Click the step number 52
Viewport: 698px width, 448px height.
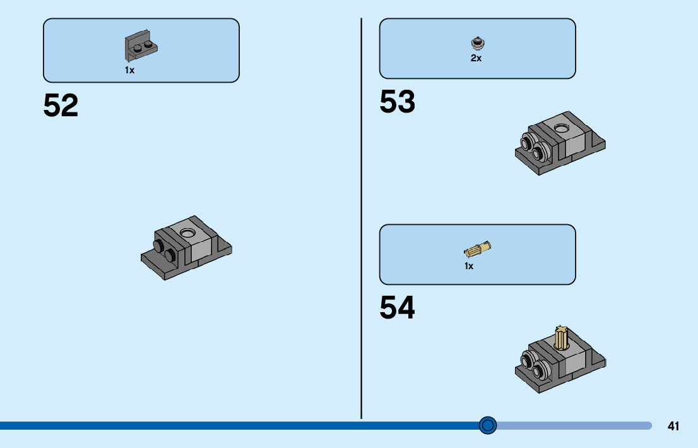coord(61,106)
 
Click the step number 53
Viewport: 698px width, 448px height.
coord(397,102)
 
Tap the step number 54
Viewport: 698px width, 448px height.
coord(397,308)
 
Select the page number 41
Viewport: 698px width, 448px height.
coord(673,426)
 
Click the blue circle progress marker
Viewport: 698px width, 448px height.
coord(487,425)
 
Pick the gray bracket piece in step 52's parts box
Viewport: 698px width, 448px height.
coord(141,47)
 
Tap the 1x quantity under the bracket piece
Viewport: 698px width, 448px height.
coord(129,70)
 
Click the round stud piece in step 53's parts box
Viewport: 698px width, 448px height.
coord(476,43)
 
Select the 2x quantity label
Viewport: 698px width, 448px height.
coord(476,58)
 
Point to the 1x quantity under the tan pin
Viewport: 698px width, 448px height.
coord(469,266)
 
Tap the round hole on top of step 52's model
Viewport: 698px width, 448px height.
coord(187,233)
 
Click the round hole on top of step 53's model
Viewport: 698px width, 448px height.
coord(562,128)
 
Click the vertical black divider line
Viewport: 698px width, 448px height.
coord(361,215)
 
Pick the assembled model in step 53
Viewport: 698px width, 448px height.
coord(560,143)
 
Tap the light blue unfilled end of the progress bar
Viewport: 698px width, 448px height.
coord(574,425)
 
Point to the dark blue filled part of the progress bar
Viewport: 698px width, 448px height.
coord(240,425)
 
